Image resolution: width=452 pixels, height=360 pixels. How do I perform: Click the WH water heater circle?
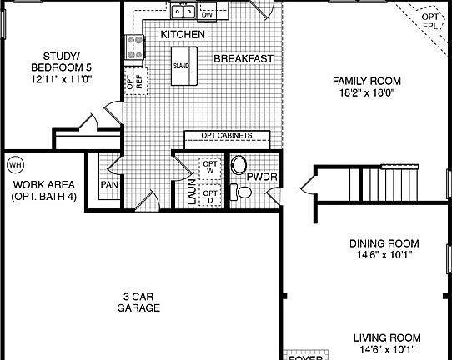[x=15, y=164]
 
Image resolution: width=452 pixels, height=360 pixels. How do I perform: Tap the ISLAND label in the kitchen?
[x=181, y=65]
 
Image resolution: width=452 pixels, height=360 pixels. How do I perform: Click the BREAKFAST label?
[x=244, y=59]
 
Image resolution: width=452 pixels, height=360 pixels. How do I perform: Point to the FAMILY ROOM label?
[x=367, y=81]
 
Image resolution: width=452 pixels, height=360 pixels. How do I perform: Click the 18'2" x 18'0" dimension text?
[x=367, y=94]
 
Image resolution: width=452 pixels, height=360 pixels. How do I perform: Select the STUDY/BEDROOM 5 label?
[x=60, y=61]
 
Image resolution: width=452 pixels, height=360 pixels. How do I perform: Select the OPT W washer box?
[x=210, y=167]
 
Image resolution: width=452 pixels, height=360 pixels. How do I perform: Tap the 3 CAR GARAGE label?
[x=138, y=302]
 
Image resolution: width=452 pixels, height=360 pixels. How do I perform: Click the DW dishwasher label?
[x=208, y=14]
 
